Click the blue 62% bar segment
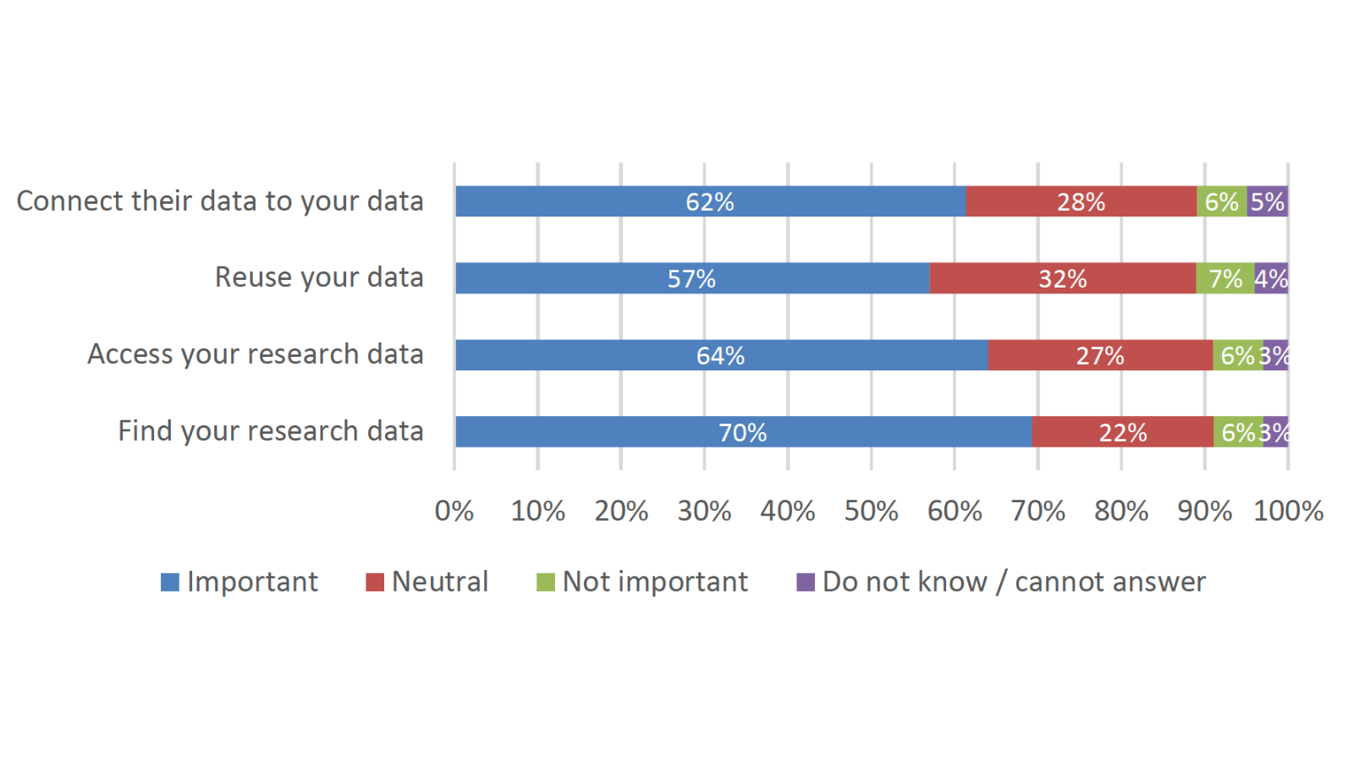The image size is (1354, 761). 710,201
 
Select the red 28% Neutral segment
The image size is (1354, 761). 1081,201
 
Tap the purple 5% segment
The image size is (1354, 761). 1267,201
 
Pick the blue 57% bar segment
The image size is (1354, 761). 691,278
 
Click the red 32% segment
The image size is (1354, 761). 1062,278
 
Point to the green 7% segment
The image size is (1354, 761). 1225,278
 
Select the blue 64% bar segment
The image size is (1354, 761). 720,355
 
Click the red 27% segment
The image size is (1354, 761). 1099,355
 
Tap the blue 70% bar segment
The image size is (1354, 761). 742,432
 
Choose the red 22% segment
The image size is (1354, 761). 1122,432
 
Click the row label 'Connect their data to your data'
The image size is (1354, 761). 220,201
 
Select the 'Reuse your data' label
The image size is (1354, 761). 319,277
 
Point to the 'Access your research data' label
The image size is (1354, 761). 256,354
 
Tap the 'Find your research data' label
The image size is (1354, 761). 271,431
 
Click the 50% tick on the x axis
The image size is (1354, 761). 871,511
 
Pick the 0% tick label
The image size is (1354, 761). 454,511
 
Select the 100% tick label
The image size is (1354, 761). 1288,511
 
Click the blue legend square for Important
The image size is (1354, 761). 170,582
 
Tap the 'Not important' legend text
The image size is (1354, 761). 655,582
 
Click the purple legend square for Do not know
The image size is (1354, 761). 806,582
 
